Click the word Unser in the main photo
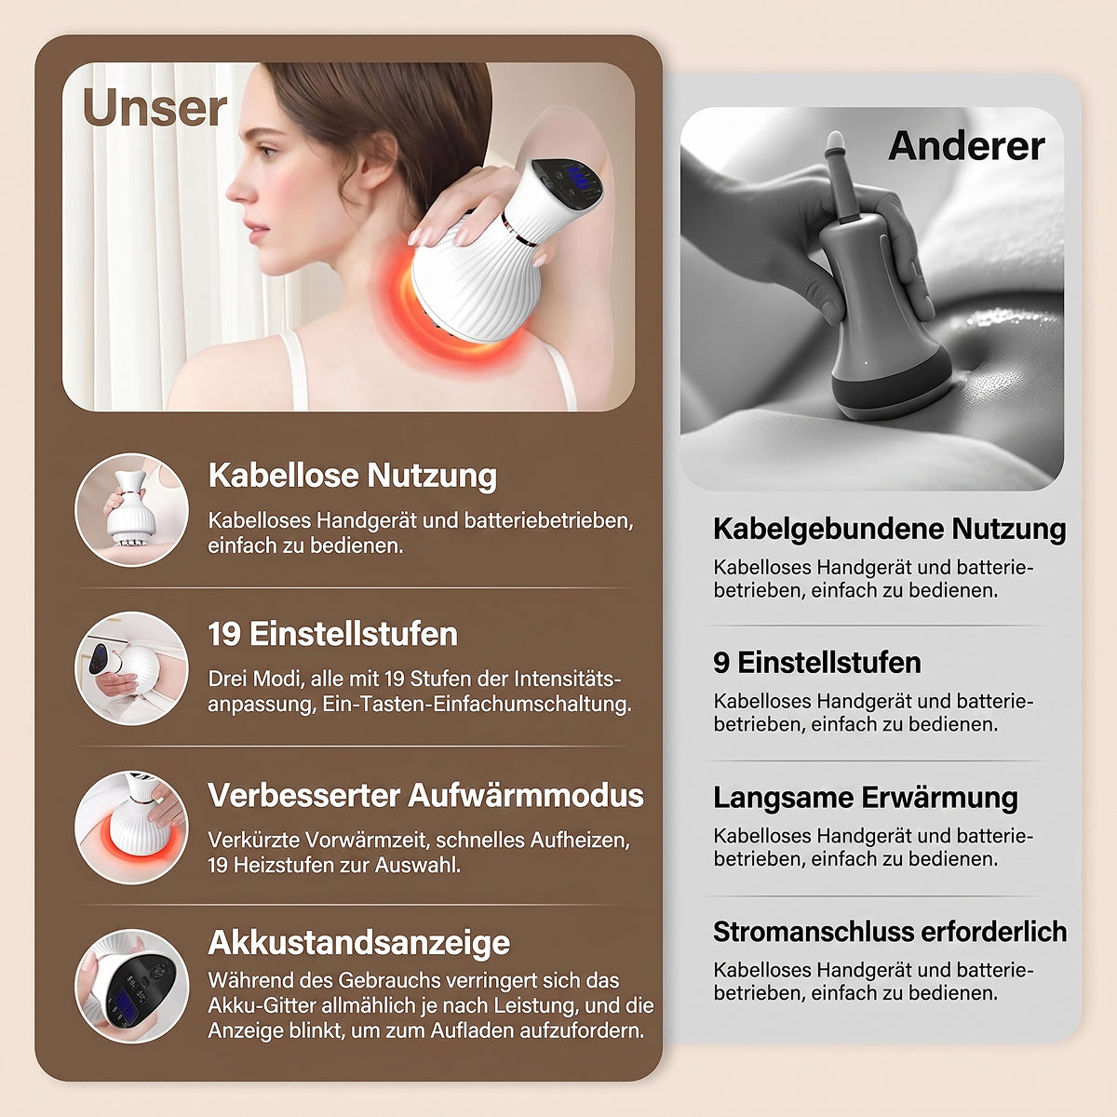tap(155, 108)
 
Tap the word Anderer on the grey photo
tap(966, 146)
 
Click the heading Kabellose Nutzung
tap(353, 476)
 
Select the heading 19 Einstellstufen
tap(332, 634)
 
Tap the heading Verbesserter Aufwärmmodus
tap(426, 795)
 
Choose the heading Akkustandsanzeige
tap(358, 943)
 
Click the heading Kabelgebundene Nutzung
tap(890, 530)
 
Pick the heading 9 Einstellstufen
tap(817, 663)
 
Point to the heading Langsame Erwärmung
tap(866, 798)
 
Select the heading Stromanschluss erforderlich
tap(891, 932)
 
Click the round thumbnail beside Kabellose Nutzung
tap(132, 510)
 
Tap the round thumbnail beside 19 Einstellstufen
tap(132, 668)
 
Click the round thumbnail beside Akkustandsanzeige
tap(132, 987)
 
